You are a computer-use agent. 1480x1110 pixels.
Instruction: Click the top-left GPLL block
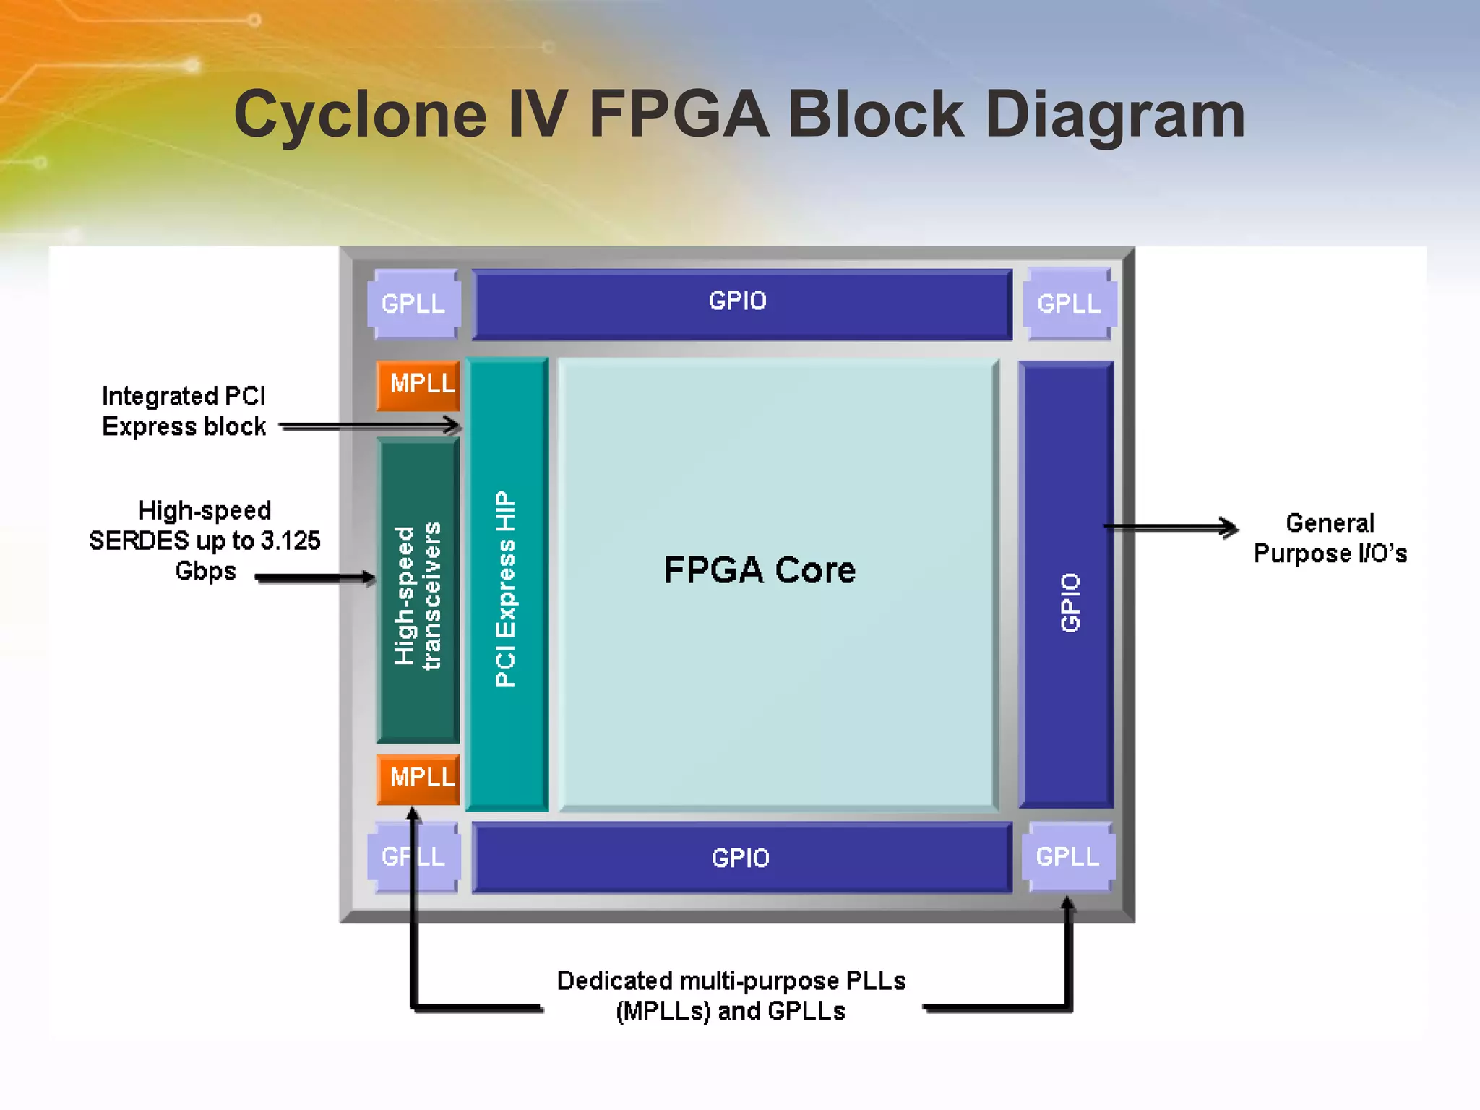(413, 304)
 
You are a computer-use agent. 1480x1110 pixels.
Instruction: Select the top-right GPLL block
(1070, 304)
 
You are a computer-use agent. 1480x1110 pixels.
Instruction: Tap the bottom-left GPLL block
(413, 857)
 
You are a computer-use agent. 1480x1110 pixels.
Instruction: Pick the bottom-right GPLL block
(1068, 856)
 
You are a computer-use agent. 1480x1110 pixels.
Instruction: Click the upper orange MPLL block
(418, 384)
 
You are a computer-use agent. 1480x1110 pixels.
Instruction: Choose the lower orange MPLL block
(418, 779)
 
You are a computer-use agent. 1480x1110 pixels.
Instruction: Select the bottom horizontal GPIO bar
(741, 857)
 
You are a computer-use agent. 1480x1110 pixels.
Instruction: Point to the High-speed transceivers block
(418, 593)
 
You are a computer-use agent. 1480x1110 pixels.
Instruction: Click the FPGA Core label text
(759, 570)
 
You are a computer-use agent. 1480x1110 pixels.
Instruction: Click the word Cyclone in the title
(361, 116)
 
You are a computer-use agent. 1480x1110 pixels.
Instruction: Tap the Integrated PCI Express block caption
(184, 411)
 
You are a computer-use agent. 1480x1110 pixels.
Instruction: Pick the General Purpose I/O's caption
(1330, 538)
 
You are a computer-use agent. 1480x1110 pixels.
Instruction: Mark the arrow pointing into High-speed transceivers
(318, 577)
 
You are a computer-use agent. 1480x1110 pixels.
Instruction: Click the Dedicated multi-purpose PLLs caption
(731, 996)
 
